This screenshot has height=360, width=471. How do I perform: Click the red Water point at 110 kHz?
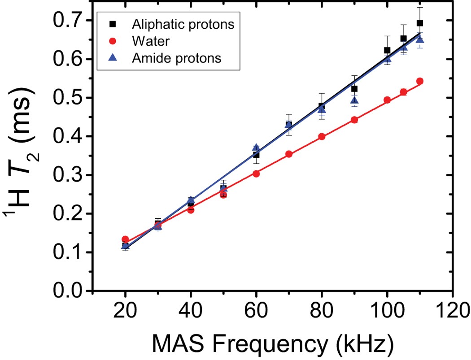pos(420,81)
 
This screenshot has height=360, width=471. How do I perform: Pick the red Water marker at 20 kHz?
pos(125,239)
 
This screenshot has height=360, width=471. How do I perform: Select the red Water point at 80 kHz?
pos(322,137)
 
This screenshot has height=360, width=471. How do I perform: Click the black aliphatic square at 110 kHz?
pos(420,23)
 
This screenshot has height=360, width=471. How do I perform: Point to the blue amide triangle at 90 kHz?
pos(354,100)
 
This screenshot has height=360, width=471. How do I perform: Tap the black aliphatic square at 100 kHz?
pos(387,50)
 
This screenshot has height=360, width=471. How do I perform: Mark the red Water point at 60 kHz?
pos(256,173)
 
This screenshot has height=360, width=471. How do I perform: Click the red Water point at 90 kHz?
pos(354,120)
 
